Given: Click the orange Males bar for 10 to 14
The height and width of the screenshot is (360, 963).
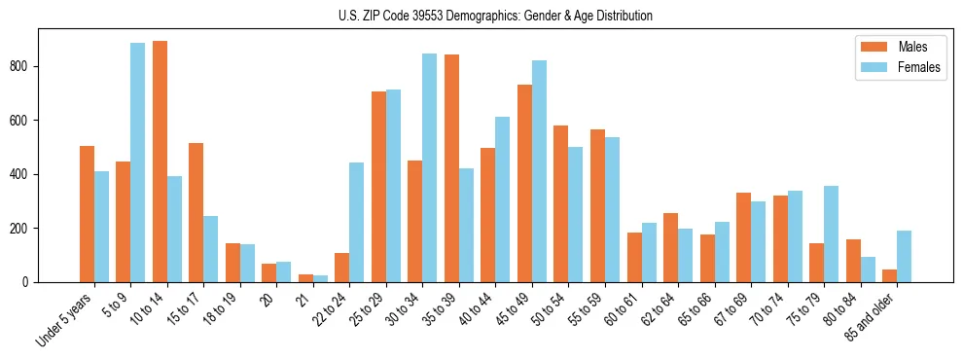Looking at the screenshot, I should pyautogui.click(x=160, y=162).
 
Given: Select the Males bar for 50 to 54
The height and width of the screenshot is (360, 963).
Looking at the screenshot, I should pyautogui.click(x=561, y=203).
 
